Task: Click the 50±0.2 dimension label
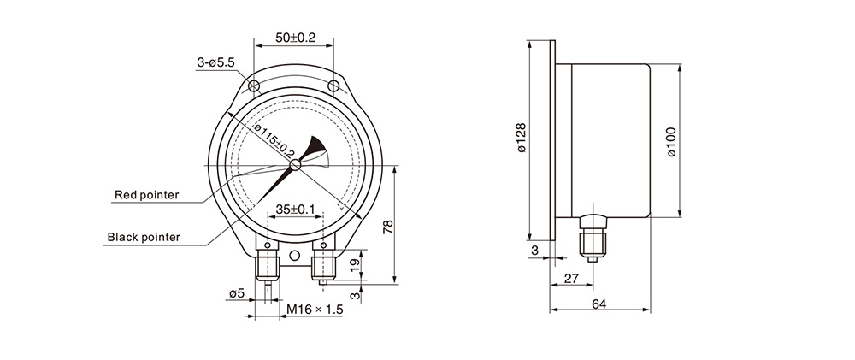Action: (296, 38)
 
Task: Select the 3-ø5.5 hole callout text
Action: (216, 62)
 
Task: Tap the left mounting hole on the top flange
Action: (254, 86)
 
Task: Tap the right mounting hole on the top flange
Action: (333, 86)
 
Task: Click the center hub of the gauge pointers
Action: (296, 165)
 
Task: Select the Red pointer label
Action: (147, 195)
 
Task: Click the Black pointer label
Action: (144, 237)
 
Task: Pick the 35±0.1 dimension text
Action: (296, 209)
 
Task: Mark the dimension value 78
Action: (387, 227)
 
